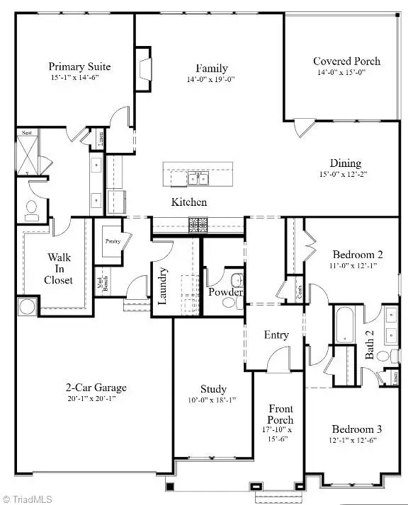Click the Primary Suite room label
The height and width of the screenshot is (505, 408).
pos(79,67)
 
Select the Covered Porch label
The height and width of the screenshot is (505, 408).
pos(346,61)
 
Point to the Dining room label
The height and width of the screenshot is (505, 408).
pos(346,163)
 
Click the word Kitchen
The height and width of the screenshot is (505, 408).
pos(189,202)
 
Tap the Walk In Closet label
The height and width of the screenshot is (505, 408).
pos(59,269)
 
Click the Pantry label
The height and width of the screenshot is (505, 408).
pos(113,241)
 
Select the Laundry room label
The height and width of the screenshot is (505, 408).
pos(162,285)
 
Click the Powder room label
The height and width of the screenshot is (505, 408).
pos(225,293)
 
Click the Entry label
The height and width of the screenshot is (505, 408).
pos(276,335)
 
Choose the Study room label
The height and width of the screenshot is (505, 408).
pos(213,389)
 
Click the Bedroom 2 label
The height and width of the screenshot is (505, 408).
pos(357,255)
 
